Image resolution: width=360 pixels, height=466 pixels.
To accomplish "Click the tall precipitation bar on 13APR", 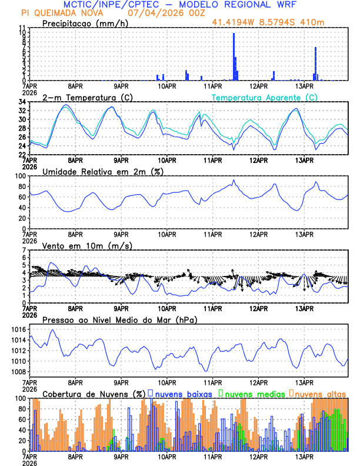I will click(x=316, y=64).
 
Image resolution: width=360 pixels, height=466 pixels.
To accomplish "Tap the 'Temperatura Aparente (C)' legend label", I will click(x=265, y=97).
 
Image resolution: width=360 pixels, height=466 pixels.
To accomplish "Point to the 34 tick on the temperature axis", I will click(x=22, y=102).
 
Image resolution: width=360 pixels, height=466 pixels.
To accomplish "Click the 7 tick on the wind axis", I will click(x=24, y=250).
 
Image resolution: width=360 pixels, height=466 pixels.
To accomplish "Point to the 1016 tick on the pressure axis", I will click(x=18, y=329).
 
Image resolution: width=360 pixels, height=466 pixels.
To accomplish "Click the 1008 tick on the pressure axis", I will click(x=18, y=372).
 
